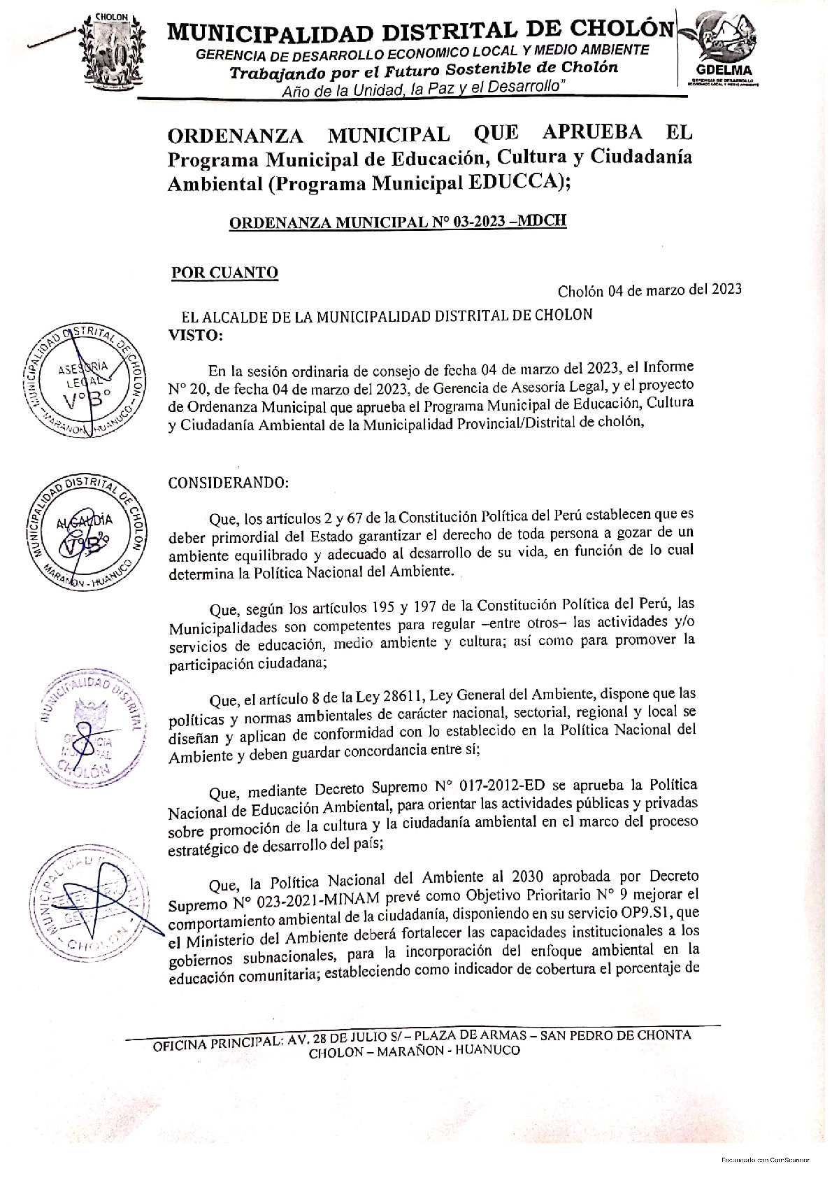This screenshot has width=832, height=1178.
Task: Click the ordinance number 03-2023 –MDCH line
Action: click(398, 222)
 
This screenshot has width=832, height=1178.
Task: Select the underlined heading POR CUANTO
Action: click(224, 272)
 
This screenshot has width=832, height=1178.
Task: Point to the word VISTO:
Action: click(196, 335)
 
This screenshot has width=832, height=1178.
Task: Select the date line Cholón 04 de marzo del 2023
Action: click(650, 290)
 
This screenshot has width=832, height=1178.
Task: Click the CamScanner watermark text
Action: click(765, 1161)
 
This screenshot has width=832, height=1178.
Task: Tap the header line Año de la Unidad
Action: click(423, 90)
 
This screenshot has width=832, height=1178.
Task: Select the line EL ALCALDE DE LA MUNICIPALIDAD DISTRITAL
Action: click(387, 315)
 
